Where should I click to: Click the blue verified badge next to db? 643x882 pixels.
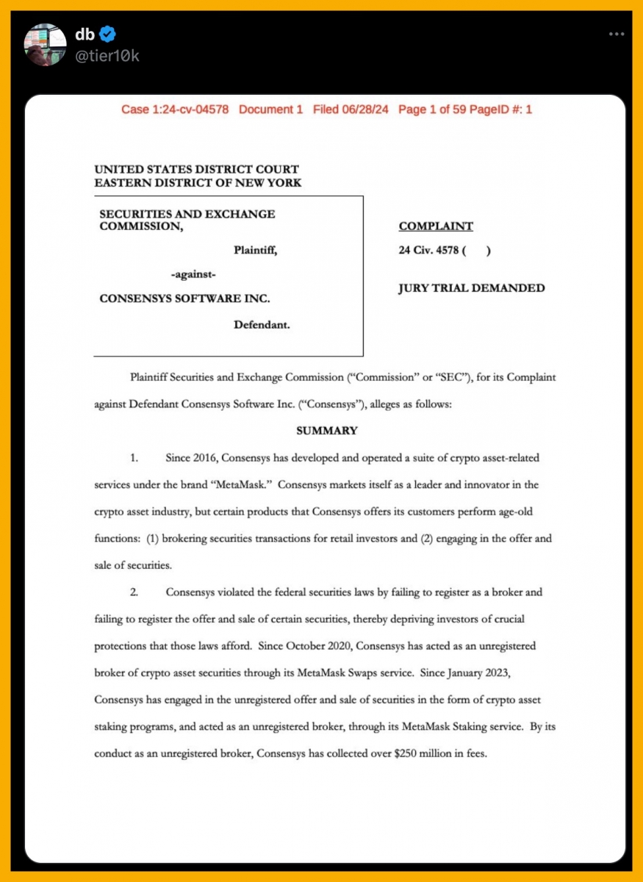[107, 34]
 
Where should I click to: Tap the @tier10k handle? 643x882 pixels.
[107, 56]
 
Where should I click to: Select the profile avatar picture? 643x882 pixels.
[46, 43]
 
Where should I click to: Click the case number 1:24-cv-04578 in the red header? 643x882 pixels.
[175, 110]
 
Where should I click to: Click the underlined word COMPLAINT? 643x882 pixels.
[436, 226]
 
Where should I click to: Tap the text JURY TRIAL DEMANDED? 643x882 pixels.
[472, 288]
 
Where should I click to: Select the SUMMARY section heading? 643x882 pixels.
[326, 431]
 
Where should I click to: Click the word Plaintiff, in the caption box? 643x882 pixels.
[255, 250]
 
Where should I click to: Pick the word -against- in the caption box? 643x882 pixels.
[193, 274]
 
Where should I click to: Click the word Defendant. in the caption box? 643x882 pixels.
[262, 324]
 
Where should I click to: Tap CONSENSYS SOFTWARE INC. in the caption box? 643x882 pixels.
[184, 298]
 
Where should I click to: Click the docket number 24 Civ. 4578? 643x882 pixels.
[428, 250]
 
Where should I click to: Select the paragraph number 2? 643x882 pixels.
[134, 592]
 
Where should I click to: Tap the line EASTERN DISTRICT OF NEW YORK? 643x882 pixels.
[198, 182]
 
